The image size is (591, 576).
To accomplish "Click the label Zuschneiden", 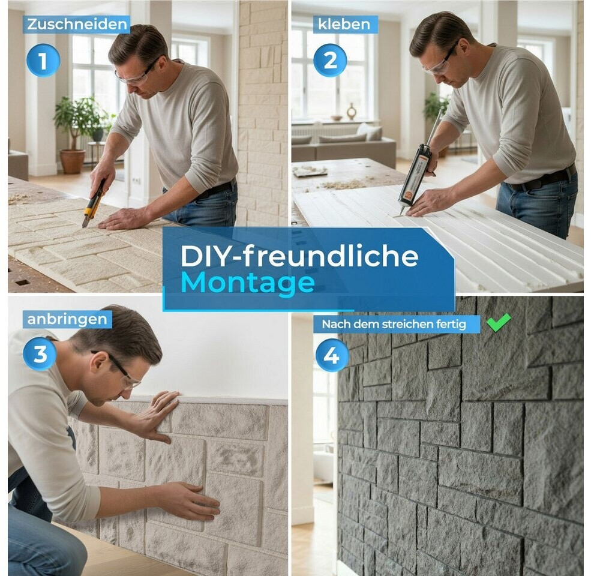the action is click(77, 25).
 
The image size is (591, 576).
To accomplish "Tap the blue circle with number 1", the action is click(43, 61).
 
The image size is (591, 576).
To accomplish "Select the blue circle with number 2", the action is click(330, 61).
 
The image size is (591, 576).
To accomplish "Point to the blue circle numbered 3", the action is click(40, 353).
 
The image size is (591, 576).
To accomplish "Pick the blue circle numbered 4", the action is click(332, 355).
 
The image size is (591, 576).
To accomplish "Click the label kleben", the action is click(344, 25).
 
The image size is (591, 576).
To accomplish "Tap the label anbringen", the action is click(67, 319).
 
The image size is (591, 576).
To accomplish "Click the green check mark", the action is click(498, 322).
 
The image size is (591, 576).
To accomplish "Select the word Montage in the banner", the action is click(248, 283).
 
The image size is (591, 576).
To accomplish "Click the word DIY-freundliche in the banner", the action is click(299, 256).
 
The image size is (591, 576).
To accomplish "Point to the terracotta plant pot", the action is click(73, 161).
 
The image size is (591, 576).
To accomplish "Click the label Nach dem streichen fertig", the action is click(394, 324).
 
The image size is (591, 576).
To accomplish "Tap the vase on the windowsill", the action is click(351, 112).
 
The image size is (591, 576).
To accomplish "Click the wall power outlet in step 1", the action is click(136, 181).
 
